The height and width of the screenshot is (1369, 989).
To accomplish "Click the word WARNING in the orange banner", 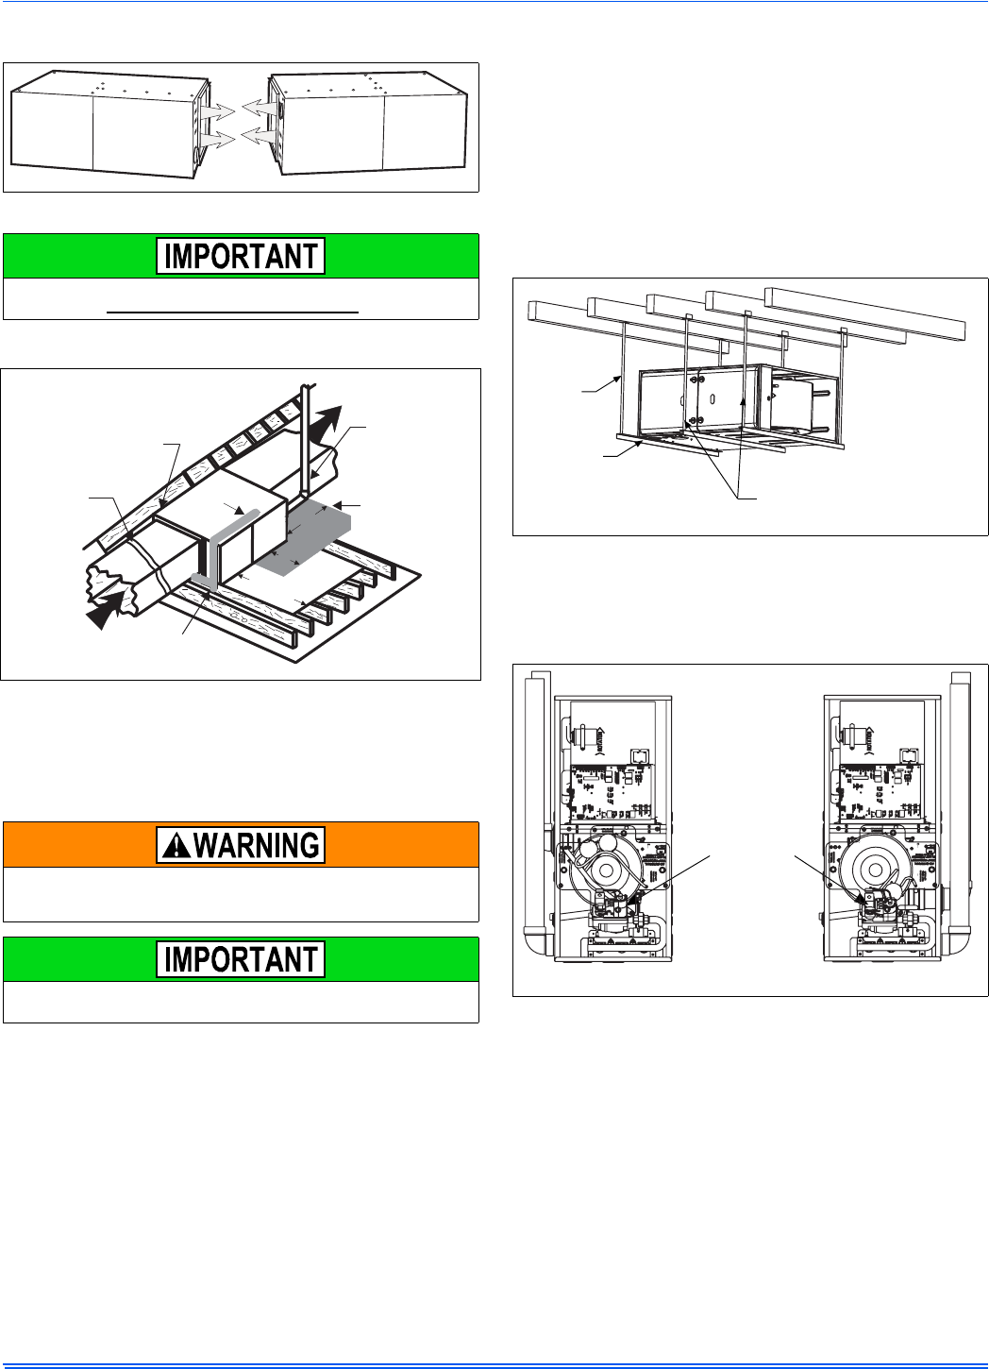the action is (258, 845).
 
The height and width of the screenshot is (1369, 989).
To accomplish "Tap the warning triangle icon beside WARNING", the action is (176, 845).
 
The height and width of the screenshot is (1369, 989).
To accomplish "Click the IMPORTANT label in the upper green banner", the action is (241, 256).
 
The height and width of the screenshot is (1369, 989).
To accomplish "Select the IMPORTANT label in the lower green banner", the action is (241, 959).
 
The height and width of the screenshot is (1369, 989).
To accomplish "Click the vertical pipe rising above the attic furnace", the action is (306, 441).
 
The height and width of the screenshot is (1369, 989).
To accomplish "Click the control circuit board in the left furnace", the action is (612, 792).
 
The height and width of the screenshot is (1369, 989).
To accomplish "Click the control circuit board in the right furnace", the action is (880, 792).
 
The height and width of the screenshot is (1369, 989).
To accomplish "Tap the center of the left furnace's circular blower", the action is (606, 870).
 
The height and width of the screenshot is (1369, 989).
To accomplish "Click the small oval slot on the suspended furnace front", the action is (712, 399).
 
